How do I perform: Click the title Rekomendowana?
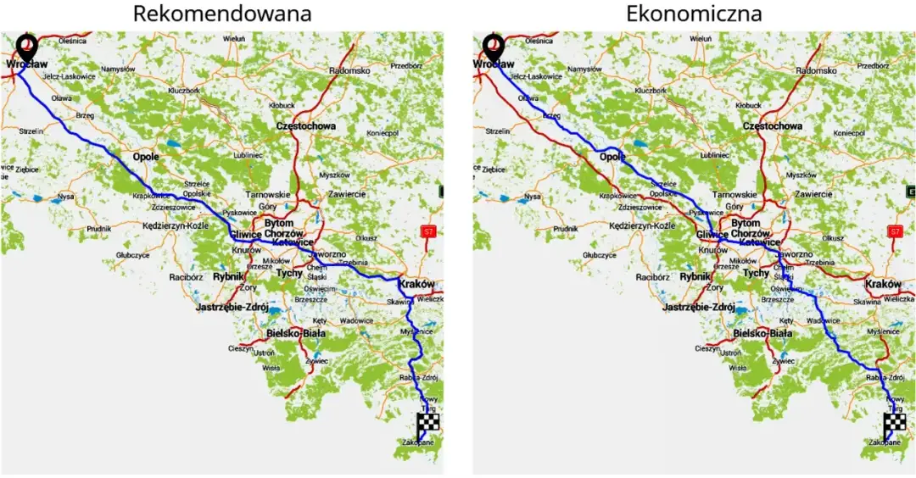click(x=222, y=14)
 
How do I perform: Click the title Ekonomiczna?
click(x=694, y=14)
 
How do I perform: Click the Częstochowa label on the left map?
click(x=305, y=126)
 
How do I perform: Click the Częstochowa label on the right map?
click(x=772, y=126)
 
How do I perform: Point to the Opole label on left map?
click(x=145, y=157)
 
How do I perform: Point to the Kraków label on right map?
click(x=882, y=284)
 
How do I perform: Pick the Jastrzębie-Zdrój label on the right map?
click(x=699, y=308)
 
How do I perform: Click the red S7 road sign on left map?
click(x=428, y=231)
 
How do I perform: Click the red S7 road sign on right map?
click(x=895, y=231)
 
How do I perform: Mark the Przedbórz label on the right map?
click(x=872, y=65)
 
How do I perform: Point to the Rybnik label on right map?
click(x=695, y=276)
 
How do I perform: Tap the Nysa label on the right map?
click(x=532, y=196)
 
